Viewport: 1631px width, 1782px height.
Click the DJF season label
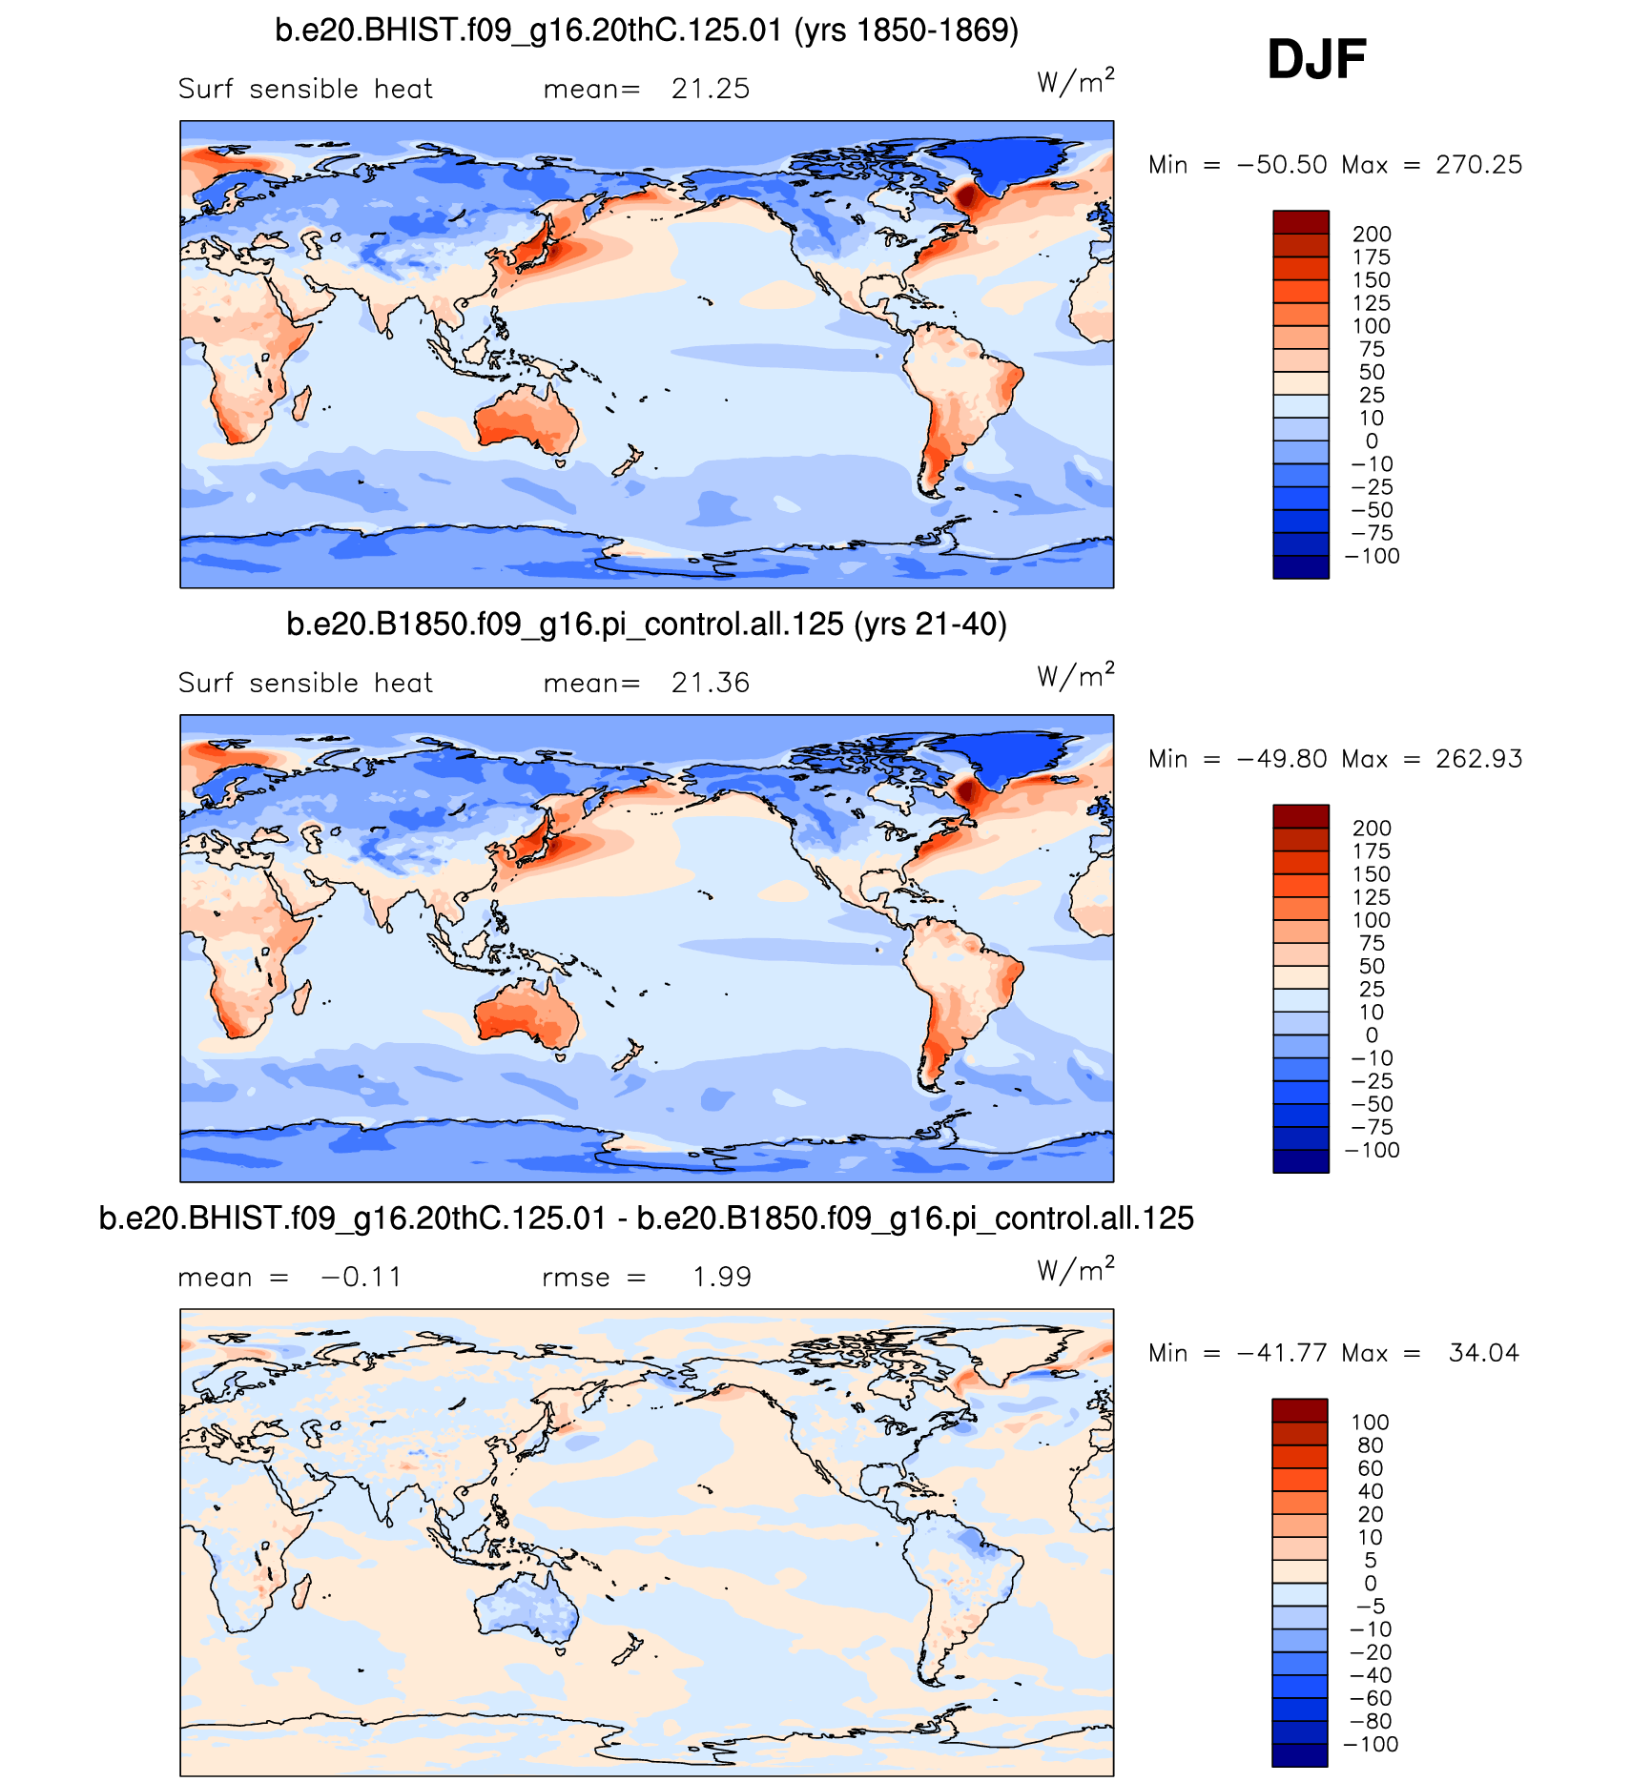point(1316,59)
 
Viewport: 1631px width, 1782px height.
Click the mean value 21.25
point(710,89)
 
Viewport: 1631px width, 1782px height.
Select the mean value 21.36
point(710,683)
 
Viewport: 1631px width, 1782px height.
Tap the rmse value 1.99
point(722,1277)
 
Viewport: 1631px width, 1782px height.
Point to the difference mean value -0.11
point(361,1277)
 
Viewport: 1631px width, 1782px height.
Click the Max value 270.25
point(1478,165)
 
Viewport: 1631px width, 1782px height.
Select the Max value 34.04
point(1483,1353)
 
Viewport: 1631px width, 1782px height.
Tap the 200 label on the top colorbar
point(1372,235)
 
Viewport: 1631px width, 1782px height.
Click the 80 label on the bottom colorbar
point(1370,1445)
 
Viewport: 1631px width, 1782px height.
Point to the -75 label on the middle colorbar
point(1372,1127)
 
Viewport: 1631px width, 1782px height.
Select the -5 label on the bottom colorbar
point(1370,1607)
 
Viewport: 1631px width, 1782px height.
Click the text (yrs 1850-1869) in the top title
point(906,31)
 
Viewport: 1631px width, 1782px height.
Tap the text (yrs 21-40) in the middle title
point(930,625)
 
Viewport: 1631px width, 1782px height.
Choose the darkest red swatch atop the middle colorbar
point(1300,816)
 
